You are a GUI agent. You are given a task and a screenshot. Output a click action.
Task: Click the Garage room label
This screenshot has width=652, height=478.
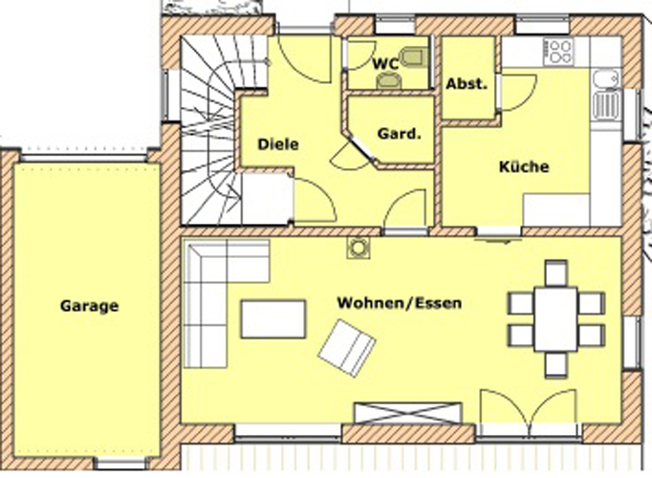[90, 306]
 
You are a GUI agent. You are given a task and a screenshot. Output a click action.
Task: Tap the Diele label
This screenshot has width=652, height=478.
[278, 144]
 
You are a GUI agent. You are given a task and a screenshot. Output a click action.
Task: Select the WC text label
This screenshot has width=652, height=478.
[385, 64]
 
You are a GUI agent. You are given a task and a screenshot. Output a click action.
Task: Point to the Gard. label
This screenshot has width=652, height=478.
[400, 134]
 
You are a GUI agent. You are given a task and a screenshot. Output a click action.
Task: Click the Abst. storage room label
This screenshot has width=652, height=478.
[467, 84]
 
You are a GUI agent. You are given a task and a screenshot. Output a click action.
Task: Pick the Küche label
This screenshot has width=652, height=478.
[524, 166]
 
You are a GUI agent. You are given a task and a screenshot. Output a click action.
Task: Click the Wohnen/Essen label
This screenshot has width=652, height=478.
[400, 303]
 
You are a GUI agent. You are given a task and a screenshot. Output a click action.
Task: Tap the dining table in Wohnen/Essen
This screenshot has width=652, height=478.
[556, 319]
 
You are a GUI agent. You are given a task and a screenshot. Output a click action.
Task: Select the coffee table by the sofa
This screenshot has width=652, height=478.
[273, 319]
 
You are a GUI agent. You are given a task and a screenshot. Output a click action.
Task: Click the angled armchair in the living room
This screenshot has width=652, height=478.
[347, 348]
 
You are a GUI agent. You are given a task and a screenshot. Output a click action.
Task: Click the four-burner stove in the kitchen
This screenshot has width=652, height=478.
[559, 52]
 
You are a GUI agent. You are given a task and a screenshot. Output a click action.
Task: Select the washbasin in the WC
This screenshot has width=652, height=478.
[389, 80]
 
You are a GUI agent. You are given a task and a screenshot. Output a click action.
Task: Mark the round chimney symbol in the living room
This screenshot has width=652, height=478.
[358, 249]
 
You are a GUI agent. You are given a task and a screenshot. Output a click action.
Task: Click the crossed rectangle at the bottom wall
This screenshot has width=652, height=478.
[407, 413]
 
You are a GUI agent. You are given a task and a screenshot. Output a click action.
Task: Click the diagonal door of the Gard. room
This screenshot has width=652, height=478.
[360, 148]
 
